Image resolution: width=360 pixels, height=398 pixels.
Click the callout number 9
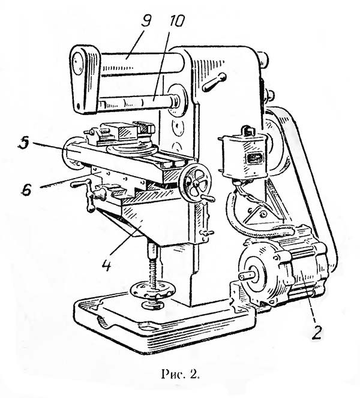tap(146, 19)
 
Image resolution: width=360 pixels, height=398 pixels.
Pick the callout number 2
tap(317, 331)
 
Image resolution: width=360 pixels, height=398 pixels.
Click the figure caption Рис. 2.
tap(180, 374)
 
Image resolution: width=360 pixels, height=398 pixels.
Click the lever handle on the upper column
tap(214, 82)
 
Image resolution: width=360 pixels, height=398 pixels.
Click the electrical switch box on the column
tap(244, 155)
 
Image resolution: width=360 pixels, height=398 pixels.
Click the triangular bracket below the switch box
tap(259, 213)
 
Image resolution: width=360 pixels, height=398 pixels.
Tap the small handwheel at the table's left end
tap(74, 153)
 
